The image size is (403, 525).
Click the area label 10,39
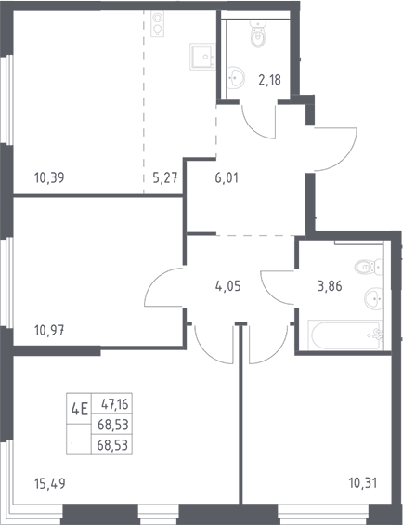click(49, 177)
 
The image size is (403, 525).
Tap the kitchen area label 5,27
click(164, 177)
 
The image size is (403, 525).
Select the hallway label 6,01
click(227, 177)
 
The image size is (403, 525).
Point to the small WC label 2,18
click(269, 80)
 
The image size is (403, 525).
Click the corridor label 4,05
click(228, 286)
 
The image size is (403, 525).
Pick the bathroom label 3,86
click(330, 286)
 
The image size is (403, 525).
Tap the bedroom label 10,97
click(49, 331)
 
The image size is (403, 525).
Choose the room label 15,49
click(49, 483)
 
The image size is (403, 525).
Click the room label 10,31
click(363, 483)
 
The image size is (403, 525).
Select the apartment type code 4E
click(79, 409)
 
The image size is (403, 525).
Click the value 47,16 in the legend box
click(115, 404)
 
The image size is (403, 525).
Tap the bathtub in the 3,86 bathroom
click(344, 335)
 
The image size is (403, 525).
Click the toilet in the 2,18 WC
click(258, 33)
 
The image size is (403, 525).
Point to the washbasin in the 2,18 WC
click(236, 78)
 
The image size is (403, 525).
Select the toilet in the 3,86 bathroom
click(369, 267)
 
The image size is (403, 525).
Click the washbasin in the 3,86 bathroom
click(373, 297)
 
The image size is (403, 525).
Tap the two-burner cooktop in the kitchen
click(157, 24)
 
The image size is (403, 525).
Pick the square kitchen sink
click(202, 57)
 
